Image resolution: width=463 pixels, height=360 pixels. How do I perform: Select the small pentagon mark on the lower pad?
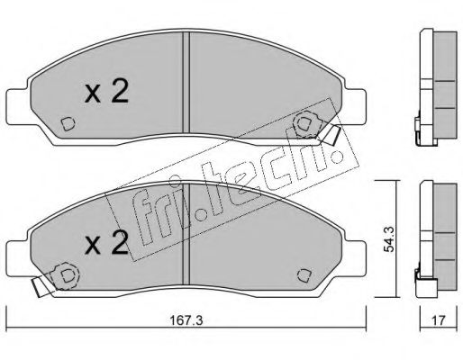coord(304,275)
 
